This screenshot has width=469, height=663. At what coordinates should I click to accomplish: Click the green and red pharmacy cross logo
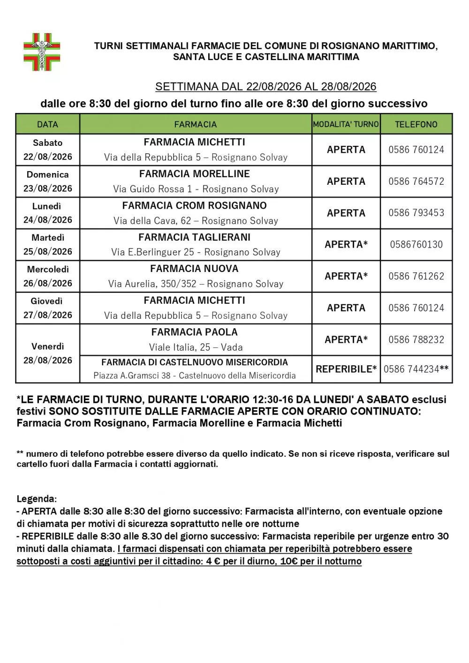click(42, 52)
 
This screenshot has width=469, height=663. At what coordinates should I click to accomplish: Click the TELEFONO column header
click(416, 124)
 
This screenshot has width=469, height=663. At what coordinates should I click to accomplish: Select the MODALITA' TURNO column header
click(346, 124)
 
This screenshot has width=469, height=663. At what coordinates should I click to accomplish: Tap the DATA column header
click(47, 124)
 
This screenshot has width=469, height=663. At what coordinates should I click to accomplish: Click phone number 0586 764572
click(416, 181)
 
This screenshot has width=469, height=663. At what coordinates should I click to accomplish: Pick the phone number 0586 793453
click(416, 213)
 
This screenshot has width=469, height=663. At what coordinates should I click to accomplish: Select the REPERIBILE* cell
click(346, 369)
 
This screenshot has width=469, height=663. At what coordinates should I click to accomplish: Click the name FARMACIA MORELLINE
click(195, 174)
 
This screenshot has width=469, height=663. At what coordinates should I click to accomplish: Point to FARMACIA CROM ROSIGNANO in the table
click(195, 205)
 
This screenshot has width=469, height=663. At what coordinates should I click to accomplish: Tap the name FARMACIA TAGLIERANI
click(195, 237)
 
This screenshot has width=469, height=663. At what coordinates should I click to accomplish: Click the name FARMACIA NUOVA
click(195, 269)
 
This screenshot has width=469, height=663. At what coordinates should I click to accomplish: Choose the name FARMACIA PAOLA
click(195, 332)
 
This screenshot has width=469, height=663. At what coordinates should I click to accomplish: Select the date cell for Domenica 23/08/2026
click(47, 181)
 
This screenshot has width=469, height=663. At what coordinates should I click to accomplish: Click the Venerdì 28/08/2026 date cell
click(47, 353)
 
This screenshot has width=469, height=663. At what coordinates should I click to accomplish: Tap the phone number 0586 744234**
click(416, 369)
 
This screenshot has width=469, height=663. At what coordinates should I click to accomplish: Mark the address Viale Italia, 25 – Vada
click(196, 347)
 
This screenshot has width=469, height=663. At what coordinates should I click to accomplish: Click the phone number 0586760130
click(416, 244)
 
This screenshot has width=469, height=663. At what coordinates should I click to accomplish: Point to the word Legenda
click(37, 499)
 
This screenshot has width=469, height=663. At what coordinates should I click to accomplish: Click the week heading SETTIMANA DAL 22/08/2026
click(265, 87)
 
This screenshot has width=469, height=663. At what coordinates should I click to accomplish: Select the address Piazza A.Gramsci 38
click(132, 376)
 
